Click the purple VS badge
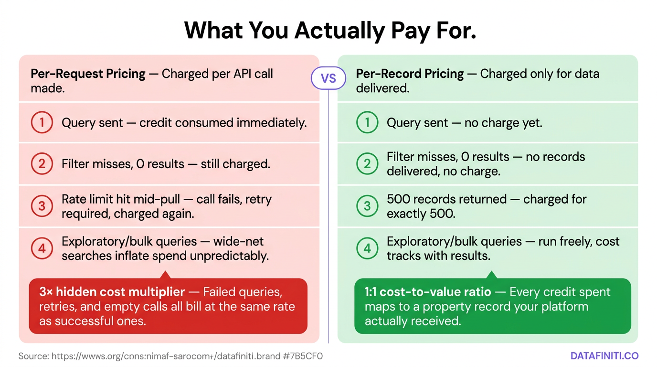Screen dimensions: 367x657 pos(328,78)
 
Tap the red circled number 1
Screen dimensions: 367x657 pos(42,123)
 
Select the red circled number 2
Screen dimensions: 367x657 pos(42,164)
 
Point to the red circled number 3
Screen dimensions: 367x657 pos(42,206)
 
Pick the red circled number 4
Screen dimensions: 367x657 pos(42,248)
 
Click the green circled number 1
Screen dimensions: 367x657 pos(367,123)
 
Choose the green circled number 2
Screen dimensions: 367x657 pos(367,163)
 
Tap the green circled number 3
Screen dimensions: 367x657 pos(367,206)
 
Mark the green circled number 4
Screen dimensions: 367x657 pos(367,248)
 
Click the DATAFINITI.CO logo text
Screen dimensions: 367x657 pos(604,356)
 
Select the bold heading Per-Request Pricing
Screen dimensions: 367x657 pos(88,74)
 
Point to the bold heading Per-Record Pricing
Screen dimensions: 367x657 pos(410,74)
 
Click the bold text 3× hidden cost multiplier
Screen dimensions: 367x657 pos(112,291)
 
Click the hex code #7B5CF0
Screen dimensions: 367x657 pos(303,356)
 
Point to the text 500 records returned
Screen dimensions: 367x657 pos(447,199)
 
